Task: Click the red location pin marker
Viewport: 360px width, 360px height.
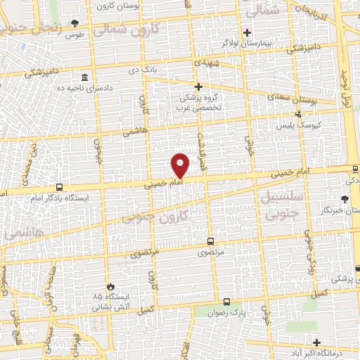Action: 181,165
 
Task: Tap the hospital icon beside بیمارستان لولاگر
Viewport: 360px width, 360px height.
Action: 246,32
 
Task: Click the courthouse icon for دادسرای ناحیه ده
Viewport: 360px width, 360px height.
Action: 84,77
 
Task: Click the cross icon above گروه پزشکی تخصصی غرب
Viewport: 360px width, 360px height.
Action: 198,86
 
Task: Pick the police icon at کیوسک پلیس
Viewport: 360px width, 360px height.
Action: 299,112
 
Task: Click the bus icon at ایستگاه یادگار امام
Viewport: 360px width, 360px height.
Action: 59,188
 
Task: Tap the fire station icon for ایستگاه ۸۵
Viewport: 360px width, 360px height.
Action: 110,285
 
